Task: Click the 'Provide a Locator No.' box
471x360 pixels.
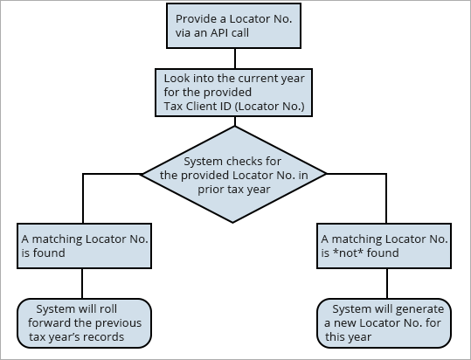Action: tap(233, 26)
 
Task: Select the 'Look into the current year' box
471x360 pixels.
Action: tap(233, 92)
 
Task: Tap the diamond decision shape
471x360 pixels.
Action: tap(233, 174)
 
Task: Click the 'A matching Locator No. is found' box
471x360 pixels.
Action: tap(82, 246)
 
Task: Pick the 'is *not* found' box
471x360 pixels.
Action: tap(384, 246)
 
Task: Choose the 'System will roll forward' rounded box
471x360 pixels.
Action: tap(83, 322)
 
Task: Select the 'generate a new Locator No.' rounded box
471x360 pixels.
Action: tap(384, 322)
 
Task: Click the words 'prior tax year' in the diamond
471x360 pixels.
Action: tap(233, 188)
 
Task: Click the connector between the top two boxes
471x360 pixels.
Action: tap(233, 59)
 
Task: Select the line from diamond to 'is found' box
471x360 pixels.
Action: tap(82, 197)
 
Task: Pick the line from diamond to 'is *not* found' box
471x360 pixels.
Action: tap(384, 197)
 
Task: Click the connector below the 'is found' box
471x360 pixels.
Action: tap(82, 284)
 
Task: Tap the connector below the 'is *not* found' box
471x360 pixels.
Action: tap(384, 284)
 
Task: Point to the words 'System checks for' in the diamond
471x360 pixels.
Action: tap(233, 161)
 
